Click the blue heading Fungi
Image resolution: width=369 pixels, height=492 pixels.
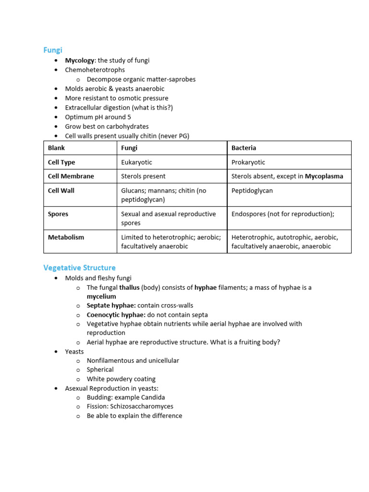53,49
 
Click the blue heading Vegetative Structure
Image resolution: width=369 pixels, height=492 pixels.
79,267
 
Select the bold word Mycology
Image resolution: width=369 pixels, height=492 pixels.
80,61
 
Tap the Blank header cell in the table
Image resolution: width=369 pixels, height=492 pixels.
56,148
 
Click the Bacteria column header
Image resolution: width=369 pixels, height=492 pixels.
244,148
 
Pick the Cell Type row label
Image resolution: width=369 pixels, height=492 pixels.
61,162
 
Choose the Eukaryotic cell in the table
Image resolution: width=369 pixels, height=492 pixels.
136,162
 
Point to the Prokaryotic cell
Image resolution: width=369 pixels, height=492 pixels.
248,162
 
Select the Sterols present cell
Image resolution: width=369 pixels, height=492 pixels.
143,176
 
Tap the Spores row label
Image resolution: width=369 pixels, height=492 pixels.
58,214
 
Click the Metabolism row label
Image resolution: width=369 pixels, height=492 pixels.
66,237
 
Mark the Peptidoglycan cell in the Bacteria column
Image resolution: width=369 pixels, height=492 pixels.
252,191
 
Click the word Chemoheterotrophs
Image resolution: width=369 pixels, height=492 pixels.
95,70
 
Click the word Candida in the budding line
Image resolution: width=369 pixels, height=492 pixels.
153,397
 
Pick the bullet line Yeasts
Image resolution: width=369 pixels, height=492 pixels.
74,352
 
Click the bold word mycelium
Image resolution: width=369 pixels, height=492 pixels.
101,296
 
